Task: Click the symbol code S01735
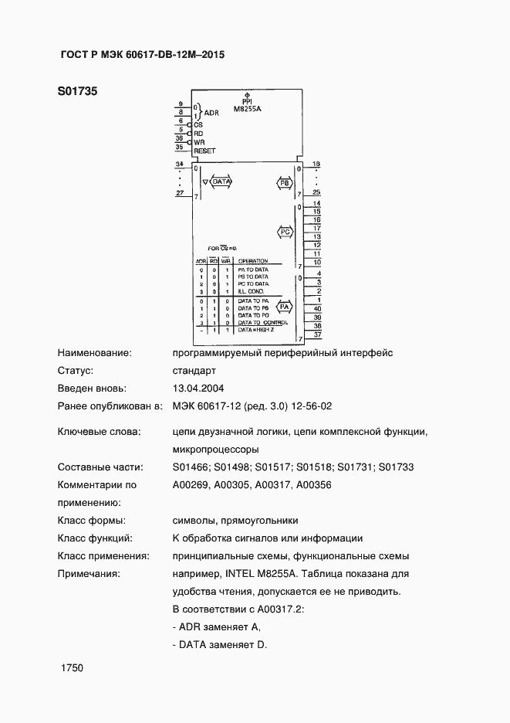point(76,91)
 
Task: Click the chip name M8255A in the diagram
point(248,109)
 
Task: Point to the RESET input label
point(204,151)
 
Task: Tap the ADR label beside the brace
point(211,113)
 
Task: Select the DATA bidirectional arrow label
point(221,182)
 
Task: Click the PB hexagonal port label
point(284,183)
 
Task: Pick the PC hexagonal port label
point(284,233)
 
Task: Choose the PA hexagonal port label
point(284,307)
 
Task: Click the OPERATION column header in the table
point(252,261)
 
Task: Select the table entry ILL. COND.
point(252,291)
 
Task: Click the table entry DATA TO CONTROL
point(262,321)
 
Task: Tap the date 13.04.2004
point(198,389)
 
